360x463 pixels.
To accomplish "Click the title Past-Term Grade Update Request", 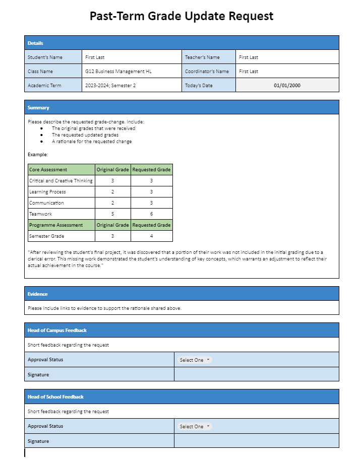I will tap(182, 16).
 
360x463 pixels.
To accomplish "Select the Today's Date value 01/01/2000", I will tap(287, 85).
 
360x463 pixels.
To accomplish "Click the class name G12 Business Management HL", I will tap(118, 71).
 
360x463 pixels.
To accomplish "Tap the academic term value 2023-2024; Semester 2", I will tap(110, 85).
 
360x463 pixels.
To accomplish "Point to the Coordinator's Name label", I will tap(207, 71).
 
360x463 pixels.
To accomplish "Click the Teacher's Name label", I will tap(202, 57).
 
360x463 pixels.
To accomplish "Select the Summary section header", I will tap(39, 107).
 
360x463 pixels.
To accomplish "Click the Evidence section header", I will tap(38, 294).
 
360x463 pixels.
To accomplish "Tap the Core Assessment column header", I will tap(48, 169).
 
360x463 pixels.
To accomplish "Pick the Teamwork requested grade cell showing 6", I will tap(151, 214).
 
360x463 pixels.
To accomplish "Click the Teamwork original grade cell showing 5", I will tap(112, 214).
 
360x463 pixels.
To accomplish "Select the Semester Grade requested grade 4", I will tap(151, 236).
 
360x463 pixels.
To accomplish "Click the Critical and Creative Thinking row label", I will tap(61, 180).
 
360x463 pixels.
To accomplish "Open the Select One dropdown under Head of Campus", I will tap(195, 360).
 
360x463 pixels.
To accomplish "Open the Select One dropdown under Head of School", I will tap(195, 426).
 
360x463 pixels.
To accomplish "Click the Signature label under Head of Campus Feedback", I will tap(38, 374).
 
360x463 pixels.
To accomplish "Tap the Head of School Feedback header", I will tap(55, 396).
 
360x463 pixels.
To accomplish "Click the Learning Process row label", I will tap(47, 191).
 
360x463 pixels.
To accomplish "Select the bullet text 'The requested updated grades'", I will tap(85, 135).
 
